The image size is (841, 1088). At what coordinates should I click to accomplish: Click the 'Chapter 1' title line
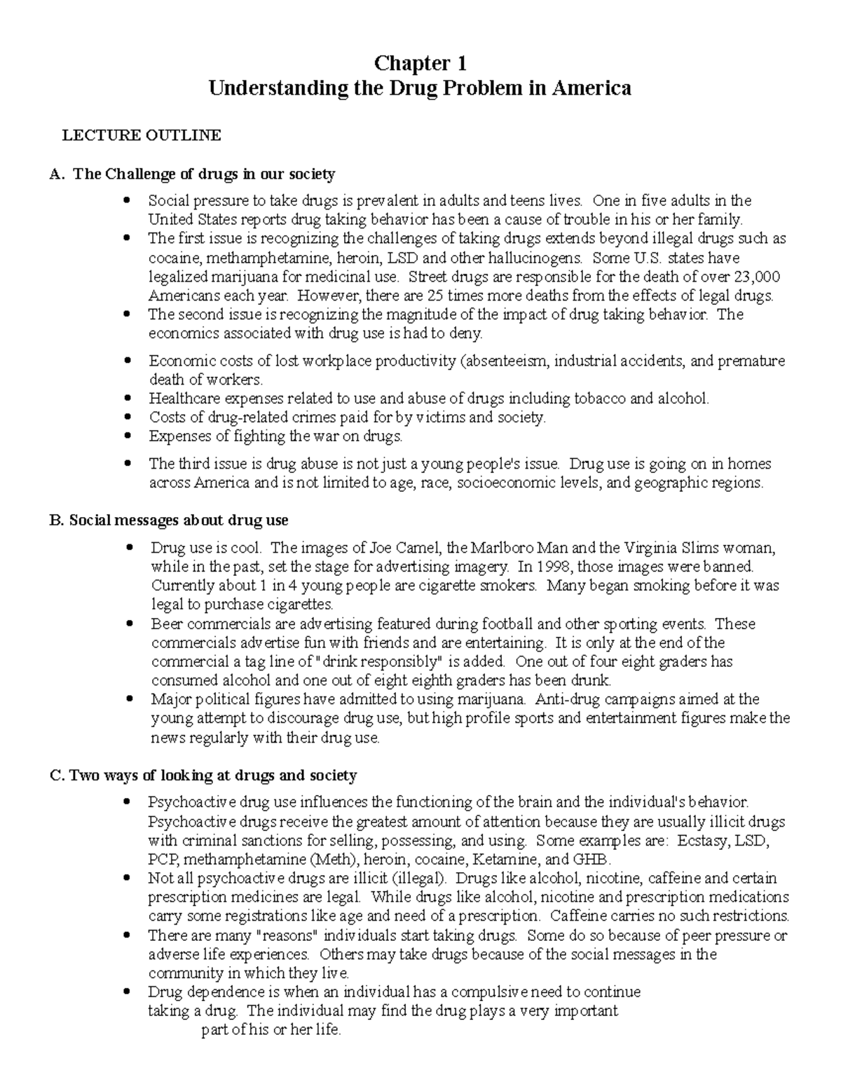click(x=420, y=64)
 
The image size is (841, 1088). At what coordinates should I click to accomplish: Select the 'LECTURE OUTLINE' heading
click(x=142, y=136)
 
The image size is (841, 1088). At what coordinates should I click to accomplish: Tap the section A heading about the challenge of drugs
click(x=193, y=174)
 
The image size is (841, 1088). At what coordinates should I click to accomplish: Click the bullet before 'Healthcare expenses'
click(x=127, y=398)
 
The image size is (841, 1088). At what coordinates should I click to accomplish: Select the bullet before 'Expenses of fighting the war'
click(x=127, y=436)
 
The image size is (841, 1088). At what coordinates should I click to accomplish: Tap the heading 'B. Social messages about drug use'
click(x=169, y=521)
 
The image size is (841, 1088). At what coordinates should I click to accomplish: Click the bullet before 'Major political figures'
click(x=128, y=699)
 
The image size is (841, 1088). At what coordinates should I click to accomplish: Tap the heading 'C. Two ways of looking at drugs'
click(x=204, y=776)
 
